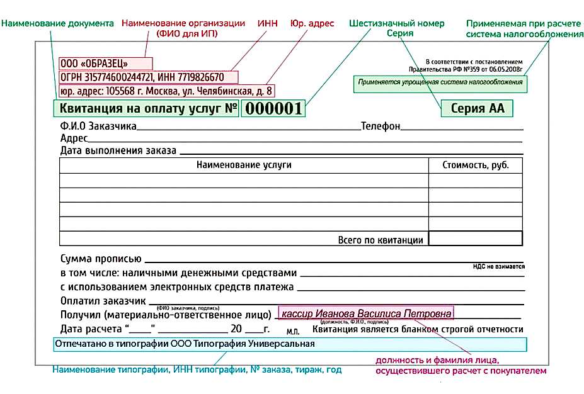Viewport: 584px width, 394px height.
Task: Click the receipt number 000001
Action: (x=273, y=108)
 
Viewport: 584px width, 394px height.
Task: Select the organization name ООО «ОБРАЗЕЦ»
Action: (x=94, y=63)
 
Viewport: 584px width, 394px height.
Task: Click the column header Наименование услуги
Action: (x=244, y=165)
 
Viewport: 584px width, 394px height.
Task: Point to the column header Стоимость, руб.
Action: (x=476, y=165)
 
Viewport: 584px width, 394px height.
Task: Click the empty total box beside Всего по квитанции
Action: (x=476, y=239)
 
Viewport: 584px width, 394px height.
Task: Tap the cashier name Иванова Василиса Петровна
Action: (x=366, y=313)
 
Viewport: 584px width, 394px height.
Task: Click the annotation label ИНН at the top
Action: (x=268, y=23)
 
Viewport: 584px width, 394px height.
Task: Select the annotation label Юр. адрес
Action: (x=312, y=23)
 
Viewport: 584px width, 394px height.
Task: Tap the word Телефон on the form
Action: (x=381, y=127)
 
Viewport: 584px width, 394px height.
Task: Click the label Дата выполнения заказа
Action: (x=118, y=150)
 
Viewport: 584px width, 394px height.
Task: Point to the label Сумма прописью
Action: (x=100, y=259)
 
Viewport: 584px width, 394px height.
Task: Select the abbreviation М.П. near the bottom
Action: (x=293, y=331)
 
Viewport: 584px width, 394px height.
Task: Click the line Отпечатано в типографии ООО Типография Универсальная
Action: (x=185, y=344)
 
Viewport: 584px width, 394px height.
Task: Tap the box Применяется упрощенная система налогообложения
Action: (x=440, y=82)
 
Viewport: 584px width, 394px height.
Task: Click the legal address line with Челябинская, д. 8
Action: (x=166, y=91)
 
